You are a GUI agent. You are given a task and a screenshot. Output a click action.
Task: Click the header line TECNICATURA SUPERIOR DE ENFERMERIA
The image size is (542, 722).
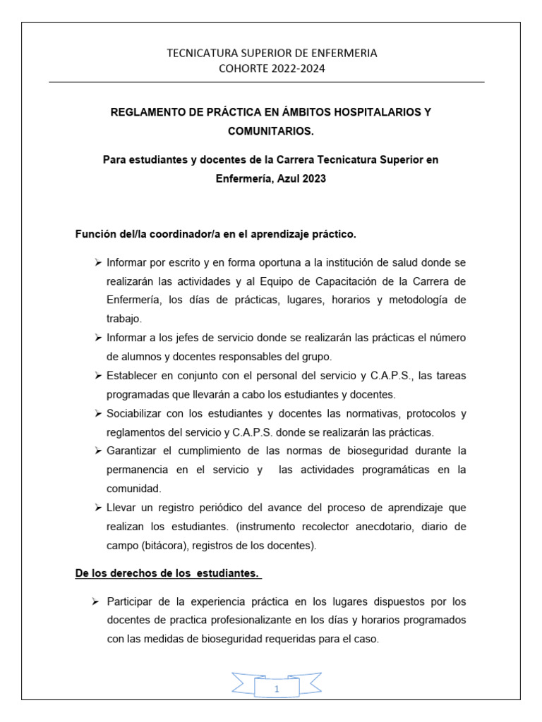(271, 53)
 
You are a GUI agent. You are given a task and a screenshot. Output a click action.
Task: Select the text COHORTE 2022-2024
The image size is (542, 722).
(271, 68)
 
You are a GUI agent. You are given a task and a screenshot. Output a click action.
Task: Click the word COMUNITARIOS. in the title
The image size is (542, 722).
(271, 131)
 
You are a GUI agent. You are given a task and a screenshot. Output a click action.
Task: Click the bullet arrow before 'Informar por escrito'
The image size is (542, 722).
(98, 262)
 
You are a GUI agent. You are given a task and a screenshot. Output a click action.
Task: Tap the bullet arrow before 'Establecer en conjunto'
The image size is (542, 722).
(98, 375)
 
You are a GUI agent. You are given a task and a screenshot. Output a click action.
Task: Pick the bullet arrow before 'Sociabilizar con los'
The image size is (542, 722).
(98, 413)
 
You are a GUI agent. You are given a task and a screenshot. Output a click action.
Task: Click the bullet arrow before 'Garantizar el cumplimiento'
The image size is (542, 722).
(98, 451)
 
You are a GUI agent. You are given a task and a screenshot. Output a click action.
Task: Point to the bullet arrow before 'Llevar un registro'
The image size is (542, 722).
(98, 508)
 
